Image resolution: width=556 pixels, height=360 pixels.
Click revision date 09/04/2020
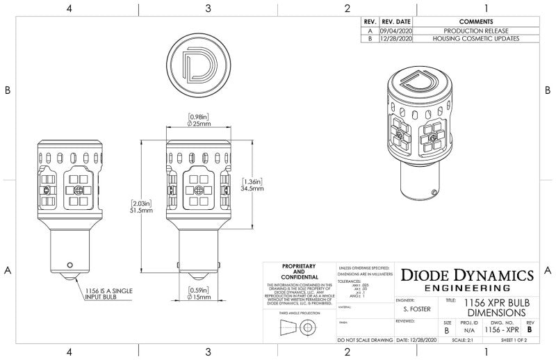point(396,31)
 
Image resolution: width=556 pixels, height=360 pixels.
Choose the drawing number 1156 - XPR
point(503,331)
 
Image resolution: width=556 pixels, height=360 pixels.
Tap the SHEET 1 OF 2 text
point(514,341)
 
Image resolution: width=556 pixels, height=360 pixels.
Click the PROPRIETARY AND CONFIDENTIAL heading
point(299,272)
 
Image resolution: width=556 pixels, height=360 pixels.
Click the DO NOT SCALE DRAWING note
point(364,341)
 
